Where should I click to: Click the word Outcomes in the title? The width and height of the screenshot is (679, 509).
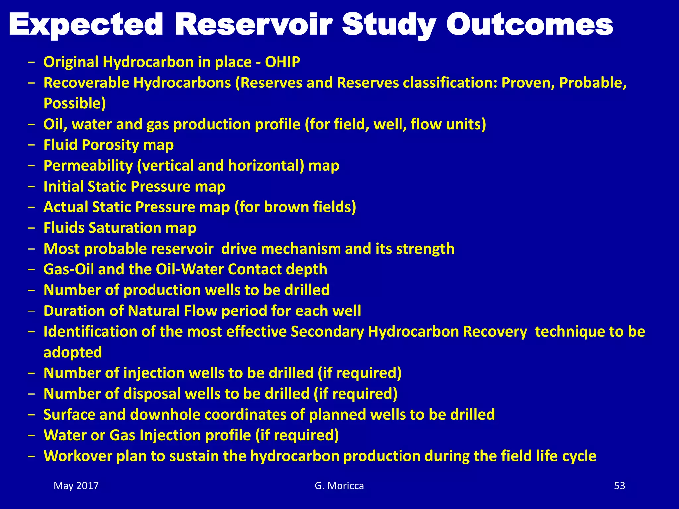point(529,25)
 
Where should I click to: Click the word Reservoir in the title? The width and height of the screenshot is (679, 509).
point(254,25)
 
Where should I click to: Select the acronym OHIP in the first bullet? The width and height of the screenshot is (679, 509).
point(282,62)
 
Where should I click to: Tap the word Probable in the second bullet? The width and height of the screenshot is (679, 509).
point(592,83)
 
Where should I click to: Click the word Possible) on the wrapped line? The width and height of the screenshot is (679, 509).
point(75,103)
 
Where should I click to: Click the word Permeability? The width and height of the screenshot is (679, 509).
point(88,166)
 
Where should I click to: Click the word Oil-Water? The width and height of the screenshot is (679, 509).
point(190,269)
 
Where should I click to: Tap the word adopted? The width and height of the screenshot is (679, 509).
point(73,352)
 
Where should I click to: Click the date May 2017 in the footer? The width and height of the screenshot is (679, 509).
point(76,486)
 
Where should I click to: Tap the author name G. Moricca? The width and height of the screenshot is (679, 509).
point(339,486)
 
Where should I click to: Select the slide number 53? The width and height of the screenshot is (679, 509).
point(619,486)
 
